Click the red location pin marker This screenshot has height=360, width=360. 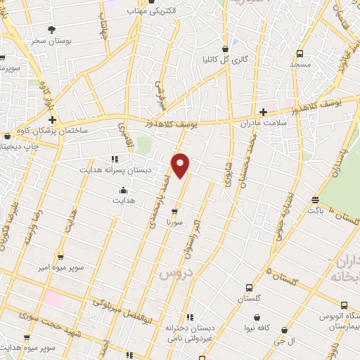pyautogui.click(x=181, y=164)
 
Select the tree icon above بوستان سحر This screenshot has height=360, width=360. pyautogui.click(x=52, y=29)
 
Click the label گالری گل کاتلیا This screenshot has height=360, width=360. pyautogui.click(x=224, y=59)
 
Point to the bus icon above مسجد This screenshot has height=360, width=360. pyautogui.click(x=300, y=53)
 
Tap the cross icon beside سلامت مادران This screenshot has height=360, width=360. pyautogui.click(x=263, y=112)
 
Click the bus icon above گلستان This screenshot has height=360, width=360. pyautogui.click(x=249, y=288)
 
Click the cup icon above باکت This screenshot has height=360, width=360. pyautogui.click(x=315, y=200)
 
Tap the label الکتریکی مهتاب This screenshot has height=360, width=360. pyautogui.click(x=155, y=11)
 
